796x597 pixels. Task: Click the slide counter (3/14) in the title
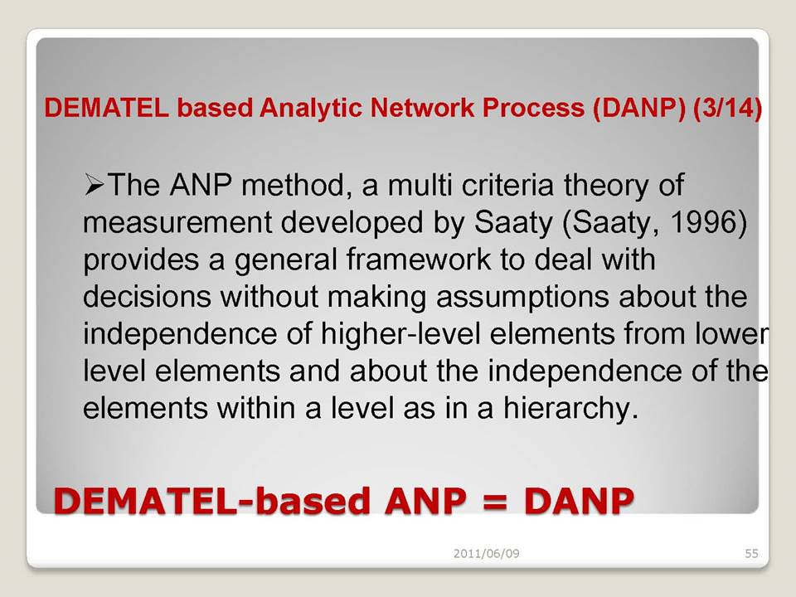(727, 108)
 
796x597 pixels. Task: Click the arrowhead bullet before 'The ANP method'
(95, 184)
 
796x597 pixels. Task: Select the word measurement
(177, 222)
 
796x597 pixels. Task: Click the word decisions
(147, 296)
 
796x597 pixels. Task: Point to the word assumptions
(522, 298)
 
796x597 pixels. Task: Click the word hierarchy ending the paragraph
(570, 409)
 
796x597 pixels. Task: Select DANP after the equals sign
(579, 501)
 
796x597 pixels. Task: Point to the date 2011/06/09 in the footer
(487, 553)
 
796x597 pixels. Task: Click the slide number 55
(751, 553)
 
